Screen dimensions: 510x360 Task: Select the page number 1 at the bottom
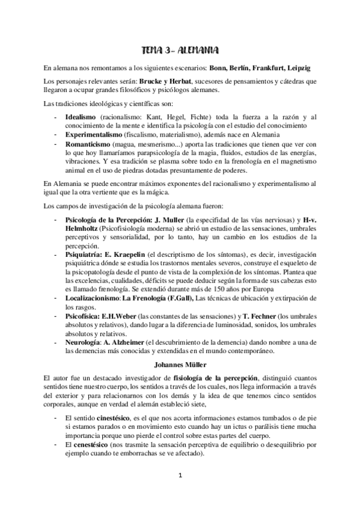180,491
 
